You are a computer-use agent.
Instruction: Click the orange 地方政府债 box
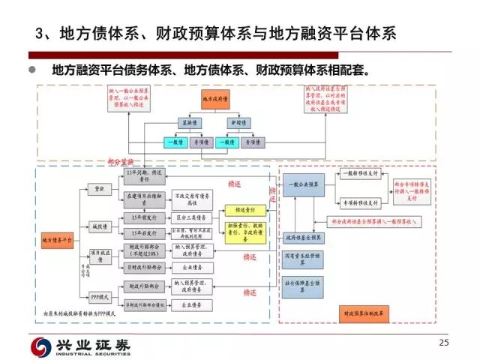click(215, 98)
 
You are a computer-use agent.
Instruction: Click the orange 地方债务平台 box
click(57, 240)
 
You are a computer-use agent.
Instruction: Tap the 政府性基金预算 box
click(304, 237)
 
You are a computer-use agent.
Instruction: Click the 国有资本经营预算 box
click(304, 259)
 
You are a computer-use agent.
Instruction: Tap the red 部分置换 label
click(120, 161)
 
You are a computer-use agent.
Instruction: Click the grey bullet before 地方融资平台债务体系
click(31, 71)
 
